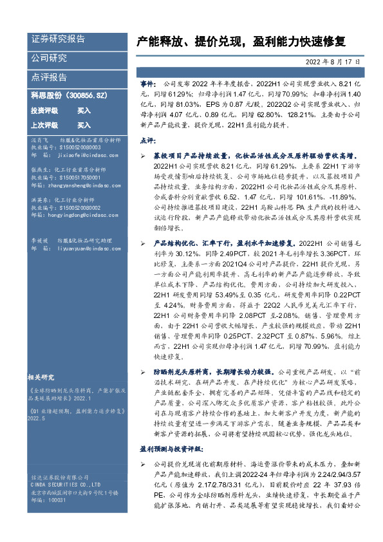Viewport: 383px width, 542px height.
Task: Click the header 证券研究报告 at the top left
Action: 59,39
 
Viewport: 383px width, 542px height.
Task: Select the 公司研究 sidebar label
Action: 50,59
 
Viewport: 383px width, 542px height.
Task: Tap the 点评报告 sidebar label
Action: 50,77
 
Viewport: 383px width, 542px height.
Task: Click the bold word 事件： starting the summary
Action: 148,84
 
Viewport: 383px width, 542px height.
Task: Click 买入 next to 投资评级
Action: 84,110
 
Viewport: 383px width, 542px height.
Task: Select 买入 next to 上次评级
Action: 84,125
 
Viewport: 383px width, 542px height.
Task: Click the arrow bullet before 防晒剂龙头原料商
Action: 143,372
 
